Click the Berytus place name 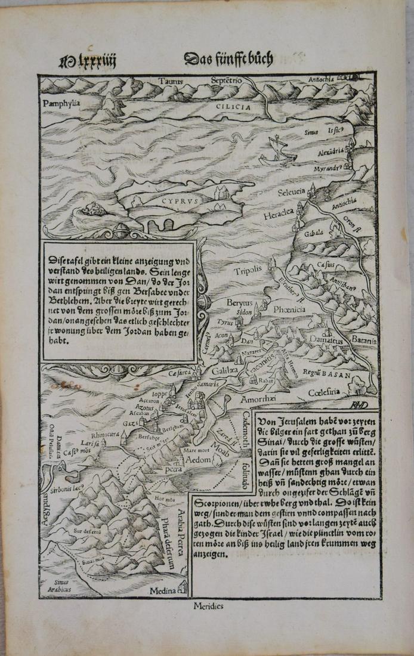point(236,303)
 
